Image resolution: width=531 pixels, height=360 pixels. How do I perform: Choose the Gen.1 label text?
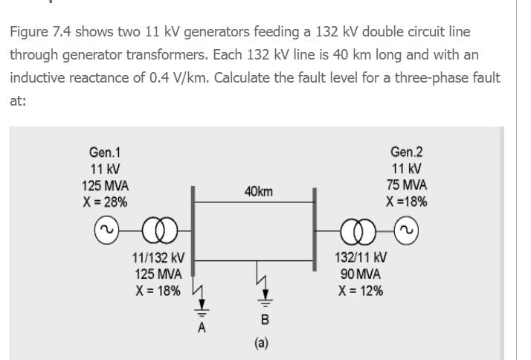point(104,152)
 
